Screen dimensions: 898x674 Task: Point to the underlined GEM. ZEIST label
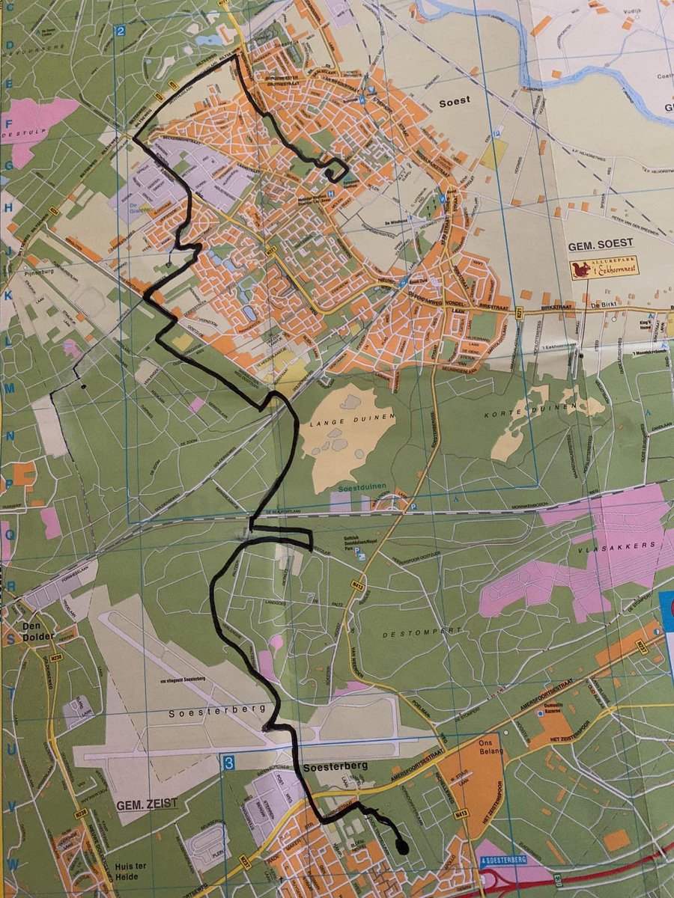pyautogui.click(x=147, y=804)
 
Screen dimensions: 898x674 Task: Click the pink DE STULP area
pyautogui.click(x=37, y=123)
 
